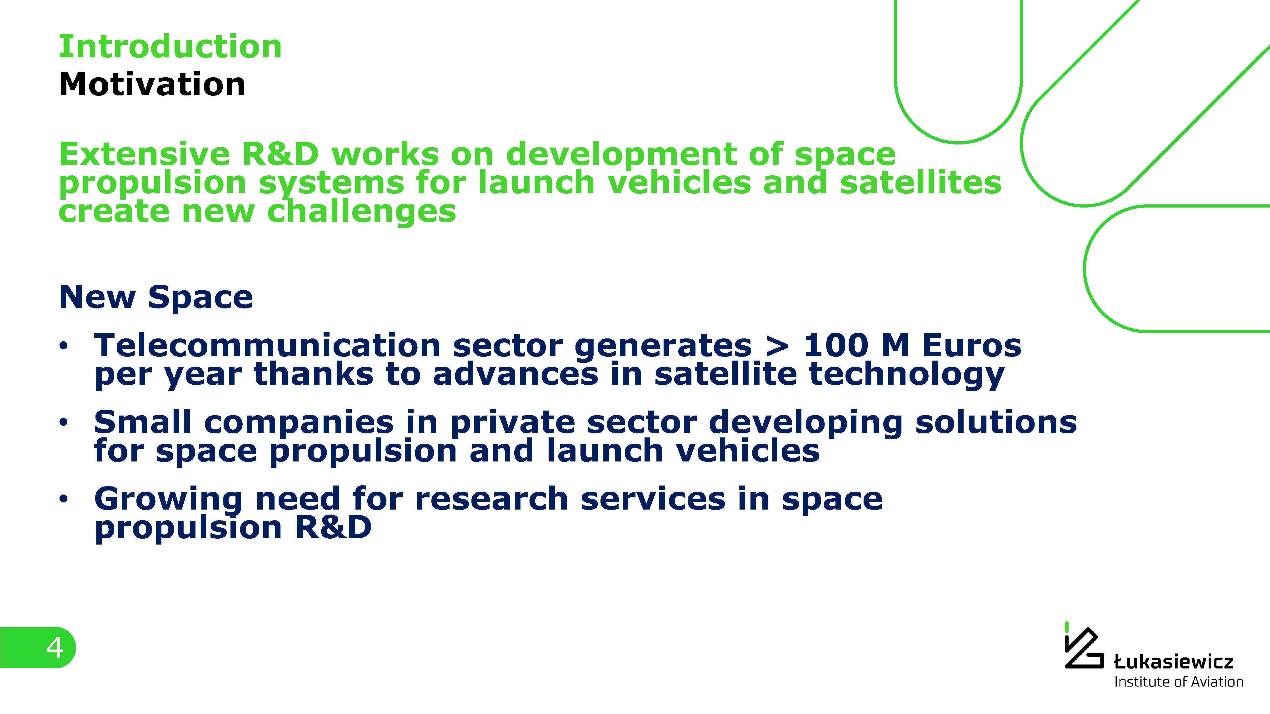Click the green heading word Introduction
pyautogui.click(x=170, y=47)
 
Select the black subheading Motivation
pyautogui.click(x=152, y=84)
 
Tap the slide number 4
pyautogui.click(x=55, y=647)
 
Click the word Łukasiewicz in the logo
pyautogui.click(x=1173, y=661)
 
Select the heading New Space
pyautogui.click(x=156, y=298)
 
